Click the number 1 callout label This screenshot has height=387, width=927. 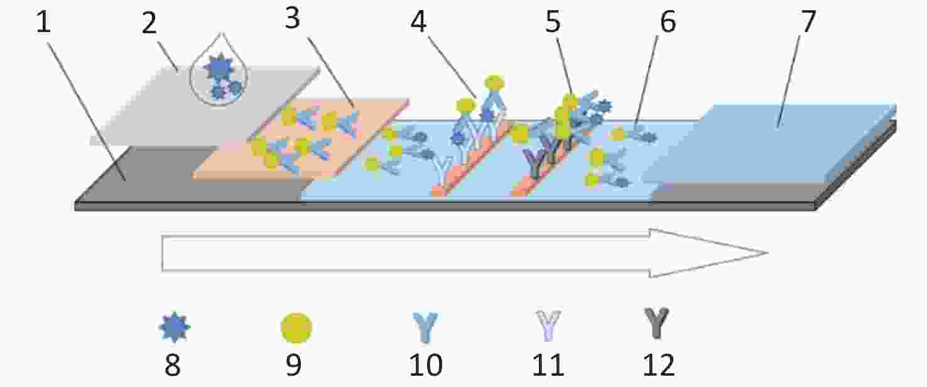(x=43, y=23)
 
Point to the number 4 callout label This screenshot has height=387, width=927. (x=418, y=21)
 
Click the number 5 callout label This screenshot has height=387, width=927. (x=553, y=21)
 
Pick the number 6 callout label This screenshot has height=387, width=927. (x=668, y=21)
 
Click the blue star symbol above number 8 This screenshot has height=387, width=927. (x=175, y=327)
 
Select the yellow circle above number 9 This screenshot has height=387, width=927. (x=296, y=328)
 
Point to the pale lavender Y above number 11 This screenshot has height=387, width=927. (x=548, y=326)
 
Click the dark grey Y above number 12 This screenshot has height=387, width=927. (x=656, y=324)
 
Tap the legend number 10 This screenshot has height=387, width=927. (x=426, y=365)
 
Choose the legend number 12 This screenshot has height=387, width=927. (x=658, y=365)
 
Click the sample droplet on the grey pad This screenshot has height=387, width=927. (x=219, y=70)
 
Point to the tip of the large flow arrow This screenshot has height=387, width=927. (x=768, y=253)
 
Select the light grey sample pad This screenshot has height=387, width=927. (x=205, y=106)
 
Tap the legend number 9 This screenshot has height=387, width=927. (x=294, y=365)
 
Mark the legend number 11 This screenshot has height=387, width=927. (x=548, y=365)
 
